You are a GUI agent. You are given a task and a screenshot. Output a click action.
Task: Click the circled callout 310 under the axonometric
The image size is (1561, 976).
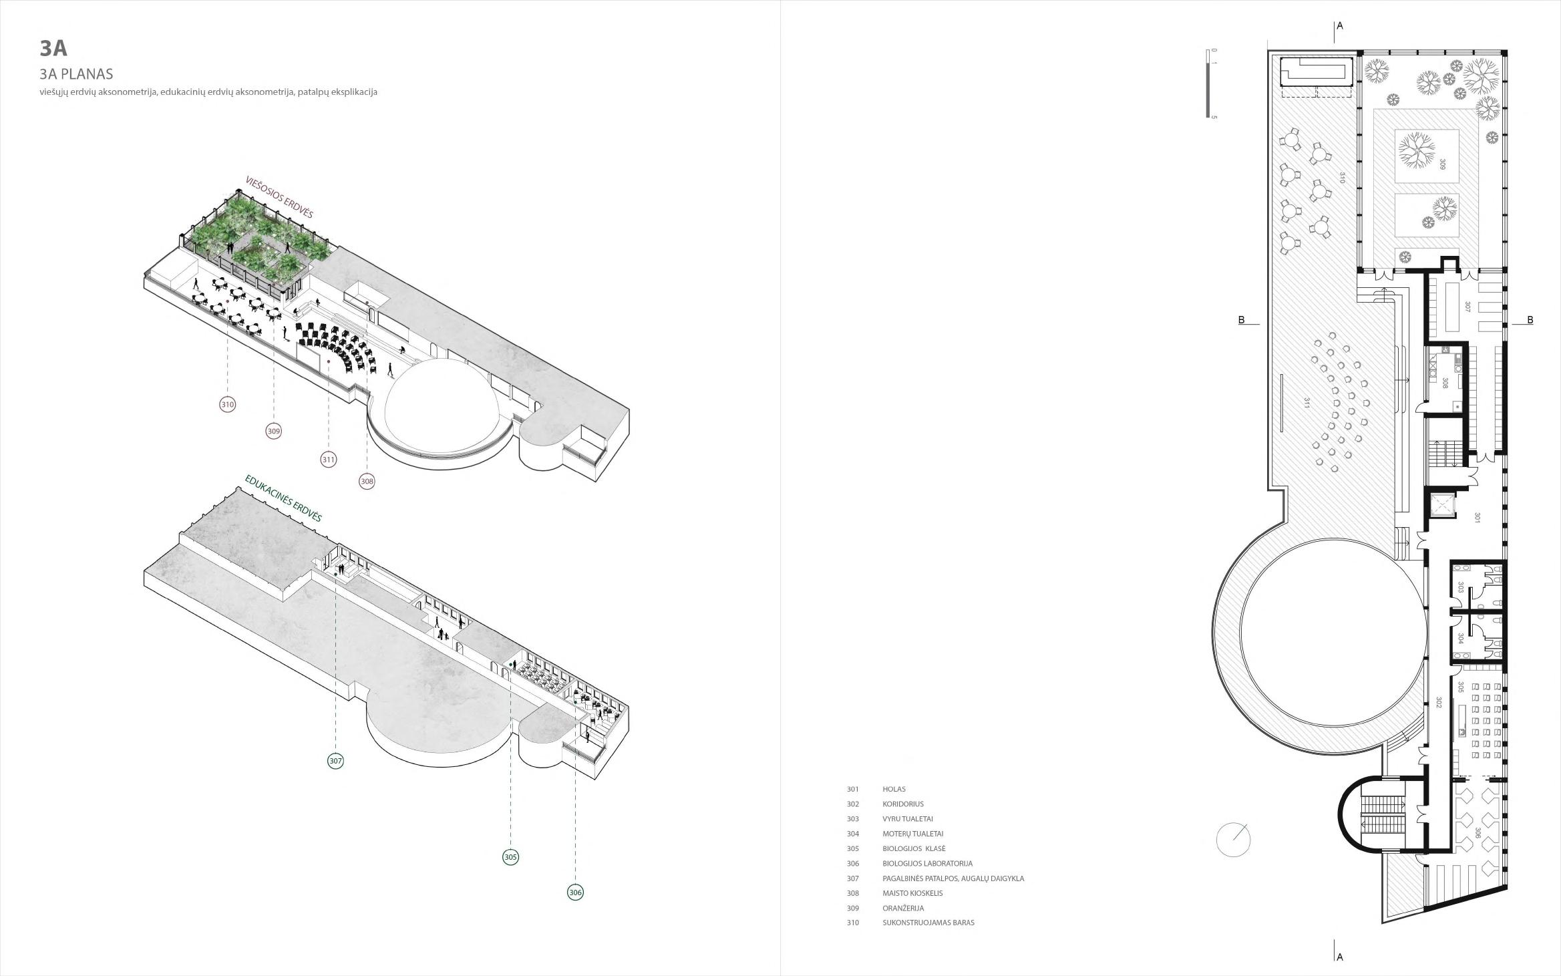[228, 404]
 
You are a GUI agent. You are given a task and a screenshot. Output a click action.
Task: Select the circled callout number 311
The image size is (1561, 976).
[328, 460]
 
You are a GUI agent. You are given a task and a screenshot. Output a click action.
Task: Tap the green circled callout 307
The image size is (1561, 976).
[335, 761]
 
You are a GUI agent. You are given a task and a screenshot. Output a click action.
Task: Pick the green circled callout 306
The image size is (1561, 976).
[575, 892]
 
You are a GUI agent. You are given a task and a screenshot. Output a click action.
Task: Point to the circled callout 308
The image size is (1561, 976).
[367, 481]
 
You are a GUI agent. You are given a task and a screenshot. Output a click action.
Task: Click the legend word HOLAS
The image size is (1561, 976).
[894, 789]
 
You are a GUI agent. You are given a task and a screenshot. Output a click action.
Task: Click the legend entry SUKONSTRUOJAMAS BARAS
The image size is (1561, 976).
[928, 923]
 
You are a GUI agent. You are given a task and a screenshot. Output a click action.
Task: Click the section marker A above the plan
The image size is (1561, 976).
[1339, 26]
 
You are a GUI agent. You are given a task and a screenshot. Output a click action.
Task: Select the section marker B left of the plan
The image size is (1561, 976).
[1242, 320]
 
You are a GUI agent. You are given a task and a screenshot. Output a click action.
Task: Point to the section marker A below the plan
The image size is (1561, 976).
[1339, 957]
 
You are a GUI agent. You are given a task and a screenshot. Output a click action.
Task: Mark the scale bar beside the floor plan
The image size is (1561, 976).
[1208, 84]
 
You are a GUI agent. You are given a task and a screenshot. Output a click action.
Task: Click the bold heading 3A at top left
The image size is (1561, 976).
[53, 48]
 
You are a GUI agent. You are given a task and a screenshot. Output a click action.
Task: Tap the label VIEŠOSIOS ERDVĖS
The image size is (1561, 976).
[279, 197]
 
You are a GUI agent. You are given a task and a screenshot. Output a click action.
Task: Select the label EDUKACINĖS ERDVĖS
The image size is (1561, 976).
[283, 498]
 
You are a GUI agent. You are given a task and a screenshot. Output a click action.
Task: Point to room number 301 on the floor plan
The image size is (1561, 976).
[1478, 518]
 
